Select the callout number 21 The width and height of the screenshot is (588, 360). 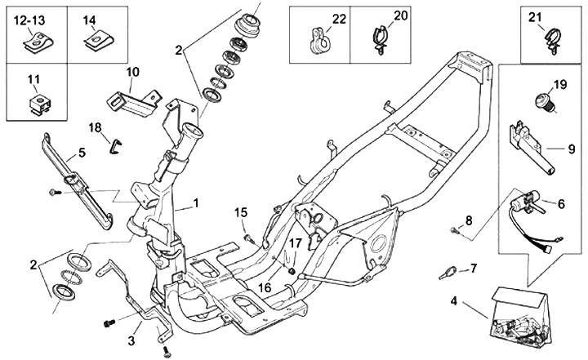535,17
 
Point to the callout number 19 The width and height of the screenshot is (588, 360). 559,85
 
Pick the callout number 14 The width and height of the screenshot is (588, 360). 89,19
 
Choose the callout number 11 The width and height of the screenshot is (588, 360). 33,79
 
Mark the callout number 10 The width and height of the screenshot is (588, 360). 133,72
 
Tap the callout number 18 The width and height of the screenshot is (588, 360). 95,127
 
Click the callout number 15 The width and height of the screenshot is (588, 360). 241,213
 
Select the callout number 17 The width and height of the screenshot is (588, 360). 295,242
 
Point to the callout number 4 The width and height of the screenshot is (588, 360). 454,300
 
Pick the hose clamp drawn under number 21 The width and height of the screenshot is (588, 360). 546,41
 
